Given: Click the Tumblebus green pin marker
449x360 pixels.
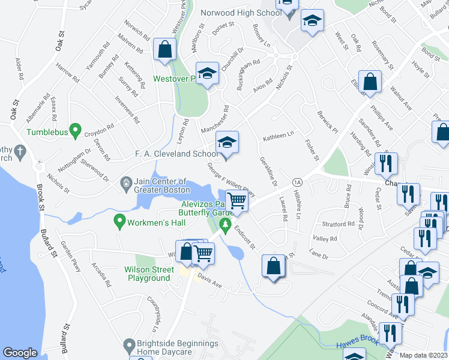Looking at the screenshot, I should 75,129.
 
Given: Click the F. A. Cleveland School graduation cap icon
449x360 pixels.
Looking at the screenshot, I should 227,143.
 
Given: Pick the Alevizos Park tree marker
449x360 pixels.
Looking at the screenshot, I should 226,226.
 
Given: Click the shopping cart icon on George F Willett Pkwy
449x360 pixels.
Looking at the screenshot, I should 237,200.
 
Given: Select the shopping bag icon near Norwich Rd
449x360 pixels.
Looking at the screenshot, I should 164,49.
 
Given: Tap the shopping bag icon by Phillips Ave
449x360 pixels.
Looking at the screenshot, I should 372,82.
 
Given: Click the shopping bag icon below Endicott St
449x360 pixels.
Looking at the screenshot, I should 273,266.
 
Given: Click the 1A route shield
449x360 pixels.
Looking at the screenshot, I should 297,181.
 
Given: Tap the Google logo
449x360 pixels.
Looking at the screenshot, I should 20,353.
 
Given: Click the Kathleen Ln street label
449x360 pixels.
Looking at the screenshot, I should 277,138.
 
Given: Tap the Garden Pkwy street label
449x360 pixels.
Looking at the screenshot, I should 71,257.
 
